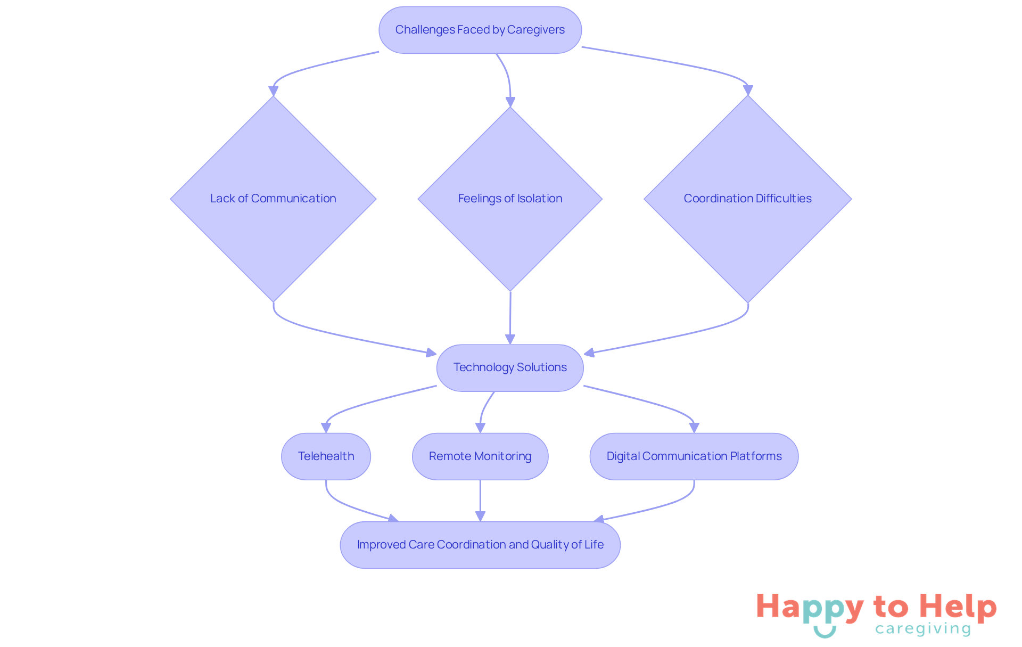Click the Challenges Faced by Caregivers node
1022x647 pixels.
[480, 30]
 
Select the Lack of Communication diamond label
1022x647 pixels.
[273, 199]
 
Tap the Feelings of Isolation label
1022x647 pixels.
[510, 199]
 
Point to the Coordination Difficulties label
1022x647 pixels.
[747, 199]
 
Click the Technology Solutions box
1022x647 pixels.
[510, 367]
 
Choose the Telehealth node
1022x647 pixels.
[326, 456]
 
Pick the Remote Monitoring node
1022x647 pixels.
[480, 456]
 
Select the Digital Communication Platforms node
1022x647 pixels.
[694, 456]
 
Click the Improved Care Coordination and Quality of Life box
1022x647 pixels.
[480, 545]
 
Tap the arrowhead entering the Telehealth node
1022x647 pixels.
[326, 428]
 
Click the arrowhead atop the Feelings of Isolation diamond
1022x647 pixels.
[510, 102]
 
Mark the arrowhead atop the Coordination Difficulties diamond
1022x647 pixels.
[747, 90]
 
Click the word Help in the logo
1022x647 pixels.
[958, 607]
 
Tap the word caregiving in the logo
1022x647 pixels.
[923, 629]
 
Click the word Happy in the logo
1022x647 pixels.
[809, 607]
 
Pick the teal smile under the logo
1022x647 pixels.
[825, 632]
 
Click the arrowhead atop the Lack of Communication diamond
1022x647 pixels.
[273, 91]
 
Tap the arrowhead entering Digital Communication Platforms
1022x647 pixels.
[694, 428]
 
